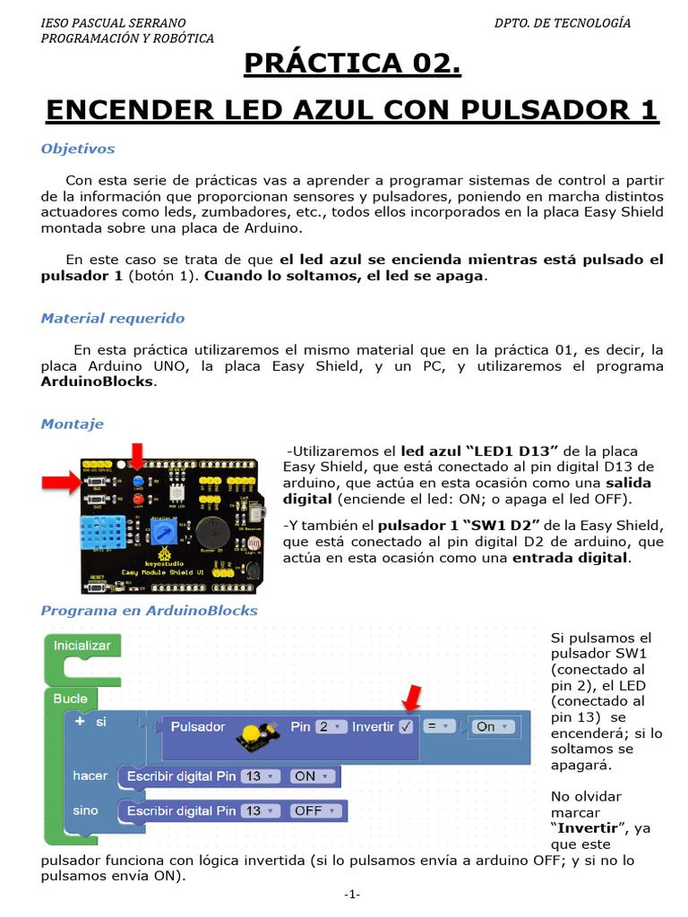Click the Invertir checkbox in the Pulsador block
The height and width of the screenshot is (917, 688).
pos(406,726)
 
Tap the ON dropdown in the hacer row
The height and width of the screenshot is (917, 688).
pos(314,776)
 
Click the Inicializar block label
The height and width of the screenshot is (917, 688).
pos(82,645)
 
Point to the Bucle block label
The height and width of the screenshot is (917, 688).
pos(70,698)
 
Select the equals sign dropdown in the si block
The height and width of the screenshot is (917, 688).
pos(438,726)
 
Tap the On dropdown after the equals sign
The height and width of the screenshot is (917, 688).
pos(493,726)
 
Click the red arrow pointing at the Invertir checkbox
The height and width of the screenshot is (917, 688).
pos(412,698)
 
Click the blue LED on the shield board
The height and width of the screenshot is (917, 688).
pos(137,481)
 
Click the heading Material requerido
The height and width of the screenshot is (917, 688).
pos(113,318)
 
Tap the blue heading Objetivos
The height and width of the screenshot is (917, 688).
pos(78,149)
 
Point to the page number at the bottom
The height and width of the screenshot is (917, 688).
pos(351,895)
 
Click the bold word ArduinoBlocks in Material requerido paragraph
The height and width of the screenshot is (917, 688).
pos(98,381)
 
